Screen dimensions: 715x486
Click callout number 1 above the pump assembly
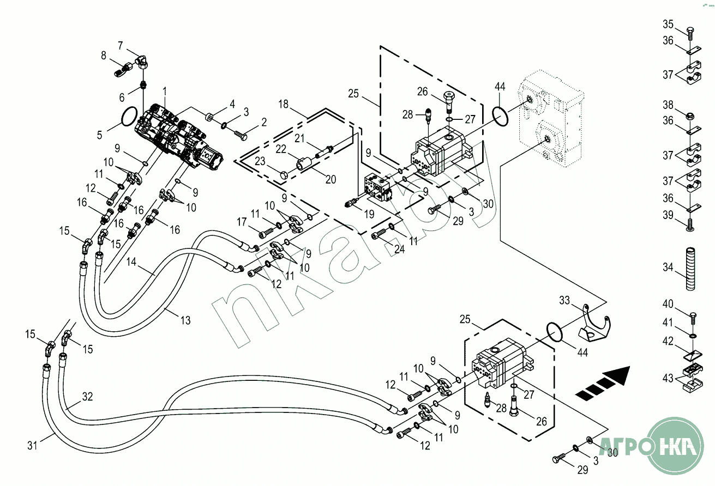165,92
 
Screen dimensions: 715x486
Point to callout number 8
104,56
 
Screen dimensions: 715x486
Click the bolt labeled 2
241,135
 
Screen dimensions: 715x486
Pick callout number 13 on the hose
185,320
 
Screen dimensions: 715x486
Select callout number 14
131,262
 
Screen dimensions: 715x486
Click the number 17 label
242,221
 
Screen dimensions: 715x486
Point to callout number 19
369,214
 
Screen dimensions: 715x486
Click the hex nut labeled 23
284,175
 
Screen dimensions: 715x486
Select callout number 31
32,445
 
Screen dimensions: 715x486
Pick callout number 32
87,397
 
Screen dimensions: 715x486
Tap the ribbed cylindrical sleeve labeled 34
690,268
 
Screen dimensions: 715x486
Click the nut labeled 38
690,117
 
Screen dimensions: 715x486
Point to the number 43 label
668,378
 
